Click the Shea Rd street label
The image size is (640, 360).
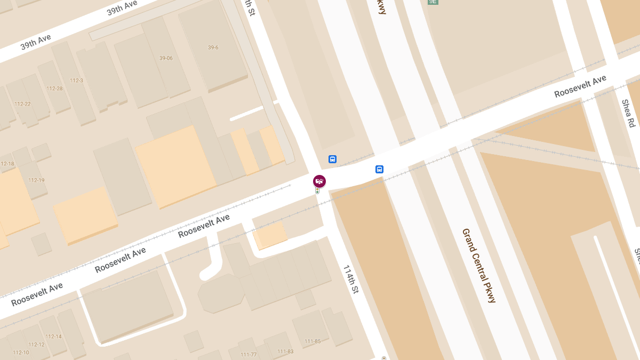pyautogui.click(x=628, y=113)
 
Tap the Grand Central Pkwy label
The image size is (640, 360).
pyautogui.click(x=479, y=266)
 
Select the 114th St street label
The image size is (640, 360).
pyautogui.click(x=351, y=279)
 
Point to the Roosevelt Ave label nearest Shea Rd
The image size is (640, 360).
pyautogui.click(x=580, y=86)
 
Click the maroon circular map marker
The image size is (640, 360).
pyautogui.click(x=319, y=181)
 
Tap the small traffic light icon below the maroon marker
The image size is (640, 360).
pyautogui.click(x=317, y=190)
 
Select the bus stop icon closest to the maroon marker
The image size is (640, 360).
pyautogui.click(x=332, y=159)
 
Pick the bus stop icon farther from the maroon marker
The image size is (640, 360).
pyautogui.click(x=379, y=170)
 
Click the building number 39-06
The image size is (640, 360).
pyautogui.click(x=166, y=58)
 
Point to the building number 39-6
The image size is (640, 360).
pyautogui.click(x=213, y=47)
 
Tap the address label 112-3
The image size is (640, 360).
pyautogui.click(x=76, y=81)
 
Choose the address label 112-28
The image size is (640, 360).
pyautogui.click(x=54, y=89)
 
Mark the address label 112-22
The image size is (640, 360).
pyautogui.click(x=22, y=104)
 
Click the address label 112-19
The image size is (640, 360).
pyautogui.click(x=36, y=180)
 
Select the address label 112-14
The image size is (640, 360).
pyautogui.click(x=53, y=337)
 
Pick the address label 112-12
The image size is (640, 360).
pyautogui.click(x=36, y=345)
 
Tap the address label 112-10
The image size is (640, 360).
pyautogui.click(x=21, y=353)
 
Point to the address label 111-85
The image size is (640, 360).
pyautogui.click(x=313, y=341)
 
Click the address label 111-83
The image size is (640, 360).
pyautogui.click(x=285, y=351)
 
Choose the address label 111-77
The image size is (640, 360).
pyautogui.click(x=249, y=355)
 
